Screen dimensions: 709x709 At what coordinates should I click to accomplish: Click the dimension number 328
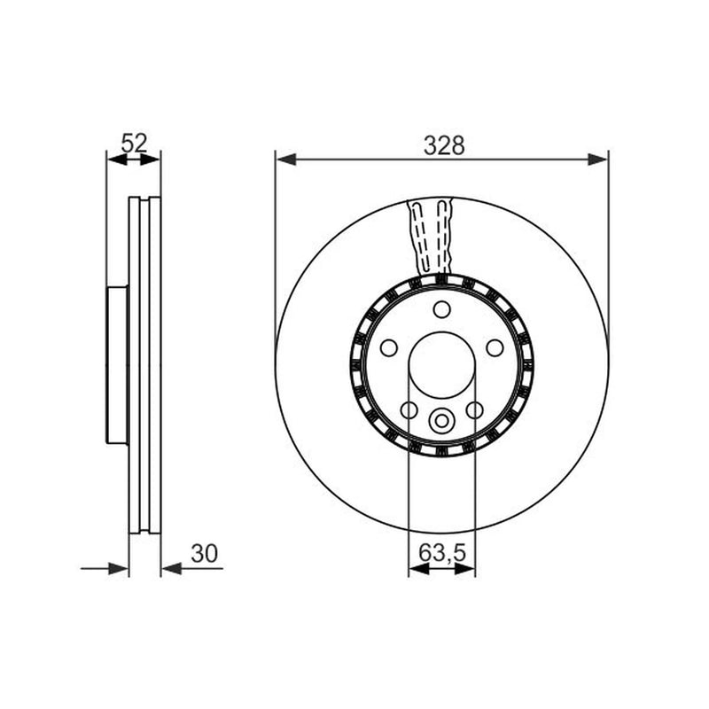444,145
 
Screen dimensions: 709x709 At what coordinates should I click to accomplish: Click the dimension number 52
135,144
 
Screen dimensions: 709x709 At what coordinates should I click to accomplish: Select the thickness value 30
204,553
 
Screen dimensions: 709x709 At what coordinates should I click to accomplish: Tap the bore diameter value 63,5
441,552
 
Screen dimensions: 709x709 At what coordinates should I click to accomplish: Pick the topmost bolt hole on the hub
441,309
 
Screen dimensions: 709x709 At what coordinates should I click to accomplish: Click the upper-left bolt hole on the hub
389,348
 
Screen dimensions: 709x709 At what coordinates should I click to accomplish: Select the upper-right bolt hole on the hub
495,348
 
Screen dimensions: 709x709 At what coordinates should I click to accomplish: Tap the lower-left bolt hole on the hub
409,410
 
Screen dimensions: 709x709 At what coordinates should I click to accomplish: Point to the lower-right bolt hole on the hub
475,410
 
